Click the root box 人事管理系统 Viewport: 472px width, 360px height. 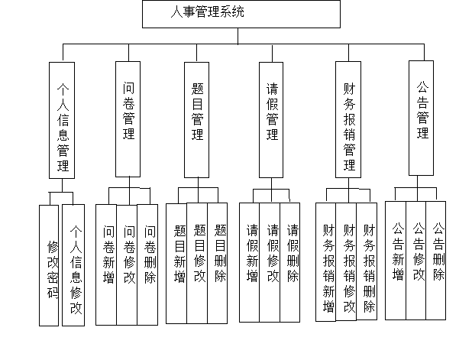pyautogui.click(x=241, y=15)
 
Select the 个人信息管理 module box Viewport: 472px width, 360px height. pyautogui.click(x=62, y=120)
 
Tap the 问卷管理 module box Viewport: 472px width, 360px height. pyautogui.click(x=128, y=119)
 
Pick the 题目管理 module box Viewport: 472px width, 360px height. pyautogui.click(x=196, y=120)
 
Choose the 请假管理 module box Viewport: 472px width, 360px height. pyautogui.click(x=271, y=120)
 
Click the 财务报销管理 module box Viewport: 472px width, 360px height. pyautogui.click(x=348, y=119)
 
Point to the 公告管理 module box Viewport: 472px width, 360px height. pyautogui.click(x=421, y=118)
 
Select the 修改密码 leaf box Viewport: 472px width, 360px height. pyautogui.click(x=49, y=265)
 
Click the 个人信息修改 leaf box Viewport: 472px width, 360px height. pyautogui.click(x=73, y=265)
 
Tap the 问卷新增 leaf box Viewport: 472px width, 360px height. pyautogui.click(x=106, y=264)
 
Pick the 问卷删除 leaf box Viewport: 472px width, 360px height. pyautogui.click(x=147, y=264)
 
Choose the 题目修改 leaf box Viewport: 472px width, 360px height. pyautogui.click(x=197, y=263)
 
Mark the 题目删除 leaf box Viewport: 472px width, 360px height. pyautogui.click(x=218, y=263)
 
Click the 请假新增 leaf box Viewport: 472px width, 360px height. pyautogui.click(x=250, y=262)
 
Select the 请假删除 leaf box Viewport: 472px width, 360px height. pyautogui.click(x=290, y=262)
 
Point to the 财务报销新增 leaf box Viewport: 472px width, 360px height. pyautogui.click(x=326, y=262)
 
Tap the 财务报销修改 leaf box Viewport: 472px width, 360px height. pyautogui.click(x=347, y=261)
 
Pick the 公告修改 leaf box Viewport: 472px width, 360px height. pyautogui.click(x=416, y=261)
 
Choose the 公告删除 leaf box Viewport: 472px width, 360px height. pyautogui.click(x=436, y=261)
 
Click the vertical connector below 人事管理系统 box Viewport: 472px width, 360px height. pyautogui.click(x=238, y=36)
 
